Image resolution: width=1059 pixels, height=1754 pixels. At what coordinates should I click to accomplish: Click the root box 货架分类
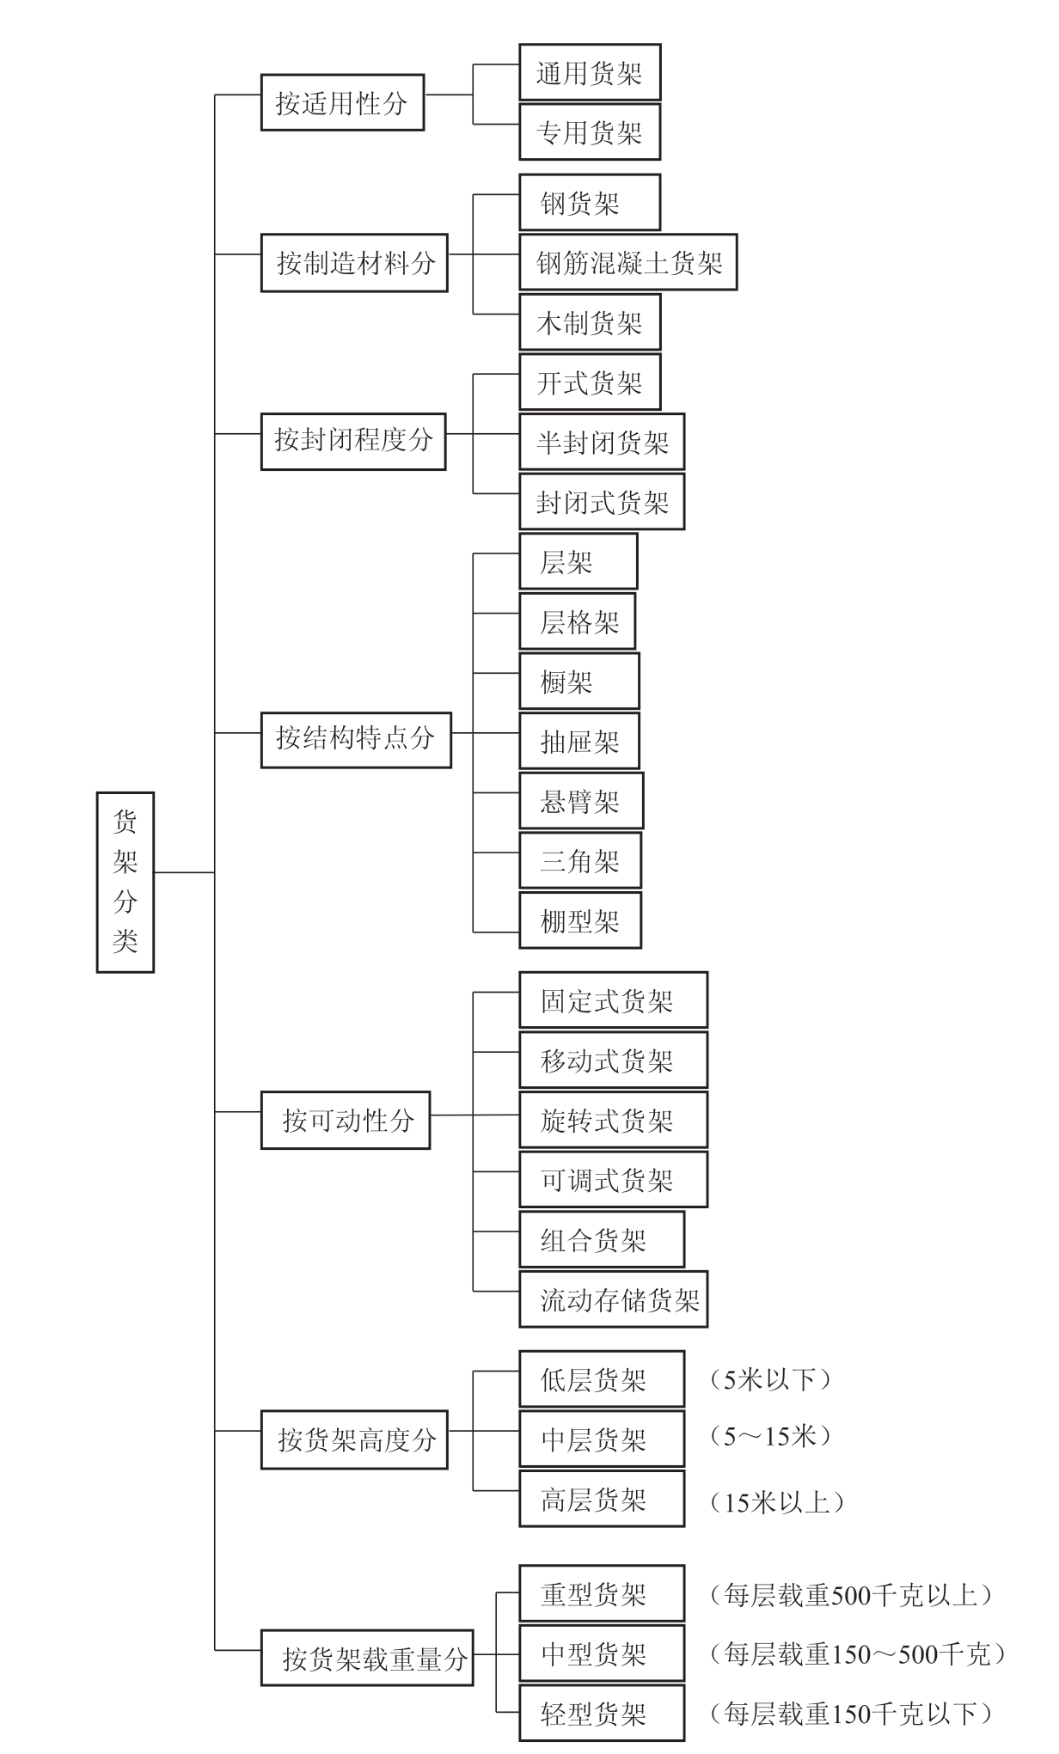(x=125, y=882)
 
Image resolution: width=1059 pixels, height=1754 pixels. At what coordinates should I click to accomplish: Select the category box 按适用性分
(x=342, y=103)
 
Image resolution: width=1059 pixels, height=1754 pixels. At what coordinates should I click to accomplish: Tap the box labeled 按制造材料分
(x=354, y=263)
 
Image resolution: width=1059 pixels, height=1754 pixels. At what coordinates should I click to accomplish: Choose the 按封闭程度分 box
(x=353, y=440)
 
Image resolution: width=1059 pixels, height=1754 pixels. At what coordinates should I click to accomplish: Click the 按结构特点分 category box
(x=356, y=738)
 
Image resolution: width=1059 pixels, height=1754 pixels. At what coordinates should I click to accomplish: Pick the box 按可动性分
(x=346, y=1121)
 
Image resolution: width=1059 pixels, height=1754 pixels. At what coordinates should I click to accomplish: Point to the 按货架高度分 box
(x=354, y=1439)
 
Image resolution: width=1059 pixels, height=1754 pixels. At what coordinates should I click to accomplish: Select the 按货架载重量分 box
(x=367, y=1658)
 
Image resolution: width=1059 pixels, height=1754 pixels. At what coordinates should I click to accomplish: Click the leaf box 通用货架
(x=590, y=73)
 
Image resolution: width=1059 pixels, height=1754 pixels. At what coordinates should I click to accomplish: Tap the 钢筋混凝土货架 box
(x=628, y=263)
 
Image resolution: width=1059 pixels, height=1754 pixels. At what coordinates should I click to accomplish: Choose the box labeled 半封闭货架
(x=602, y=443)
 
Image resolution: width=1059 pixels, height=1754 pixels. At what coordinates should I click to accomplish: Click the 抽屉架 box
(x=579, y=742)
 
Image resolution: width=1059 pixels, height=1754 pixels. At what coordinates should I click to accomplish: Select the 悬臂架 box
(x=581, y=802)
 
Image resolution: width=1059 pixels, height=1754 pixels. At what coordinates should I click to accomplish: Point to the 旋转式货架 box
(x=613, y=1121)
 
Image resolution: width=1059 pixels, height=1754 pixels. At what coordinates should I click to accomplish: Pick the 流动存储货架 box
(x=613, y=1300)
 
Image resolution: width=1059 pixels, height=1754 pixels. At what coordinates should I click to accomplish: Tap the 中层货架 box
(x=602, y=1439)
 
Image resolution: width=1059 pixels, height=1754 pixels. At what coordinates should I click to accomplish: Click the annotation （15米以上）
(x=777, y=1502)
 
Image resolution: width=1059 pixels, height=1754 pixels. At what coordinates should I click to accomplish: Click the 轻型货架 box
(x=602, y=1714)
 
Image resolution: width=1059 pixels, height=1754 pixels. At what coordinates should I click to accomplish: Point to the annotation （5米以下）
(x=770, y=1380)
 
